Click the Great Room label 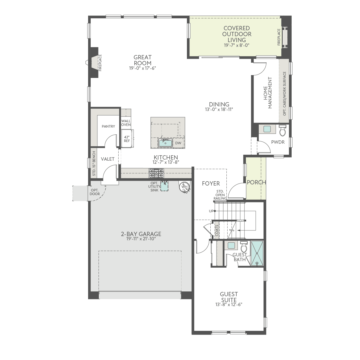[x=143, y=60]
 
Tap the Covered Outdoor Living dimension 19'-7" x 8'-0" [x=237, y=45]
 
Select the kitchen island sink [x=165, y=143]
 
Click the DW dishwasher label [x=178, y=143]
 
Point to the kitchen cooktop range [x=156, y=173]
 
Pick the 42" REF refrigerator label [x=127, y=139]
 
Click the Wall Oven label [x=126, y=123]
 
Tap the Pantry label [x=108, y=126]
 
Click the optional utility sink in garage [x=165, y=186]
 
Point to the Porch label [x=256, y=182]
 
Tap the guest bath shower [x=257, y=253]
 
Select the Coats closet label [x=217, y=230]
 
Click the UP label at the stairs [x=211, y=211]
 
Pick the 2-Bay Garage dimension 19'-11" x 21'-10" [x=141, y=239]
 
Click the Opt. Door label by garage [x=95, y=192]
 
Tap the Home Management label [x=268, y=93]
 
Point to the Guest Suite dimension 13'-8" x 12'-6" [x=229, y=304]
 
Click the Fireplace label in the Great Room [x=100, y=63]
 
